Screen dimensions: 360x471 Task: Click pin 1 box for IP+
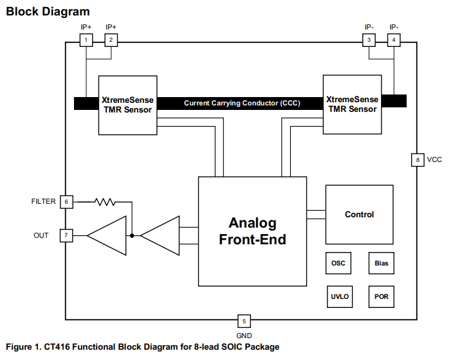point(86,40)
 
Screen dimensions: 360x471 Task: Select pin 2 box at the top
point(111,40)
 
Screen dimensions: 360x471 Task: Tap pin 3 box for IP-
point(369,40)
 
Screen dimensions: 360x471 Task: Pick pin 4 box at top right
point(394,40)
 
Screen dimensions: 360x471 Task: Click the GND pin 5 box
point(244,321)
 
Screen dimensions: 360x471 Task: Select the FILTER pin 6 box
point(66,202)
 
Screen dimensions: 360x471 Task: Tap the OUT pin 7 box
point(66,235)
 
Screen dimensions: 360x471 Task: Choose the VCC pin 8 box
point(417,160)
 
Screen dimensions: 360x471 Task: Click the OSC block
point(338,264)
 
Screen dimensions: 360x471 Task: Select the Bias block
point(381,264)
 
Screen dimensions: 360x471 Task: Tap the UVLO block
point(339,297)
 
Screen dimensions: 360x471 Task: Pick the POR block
point(381,297)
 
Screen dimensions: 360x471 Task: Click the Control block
point(359,215)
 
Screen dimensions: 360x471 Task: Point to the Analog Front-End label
point(252,231)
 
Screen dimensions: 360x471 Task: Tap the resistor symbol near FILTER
point(104,202)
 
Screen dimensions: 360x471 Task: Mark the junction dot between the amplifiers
point(132,235)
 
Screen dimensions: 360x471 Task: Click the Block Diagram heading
point(48,12)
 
